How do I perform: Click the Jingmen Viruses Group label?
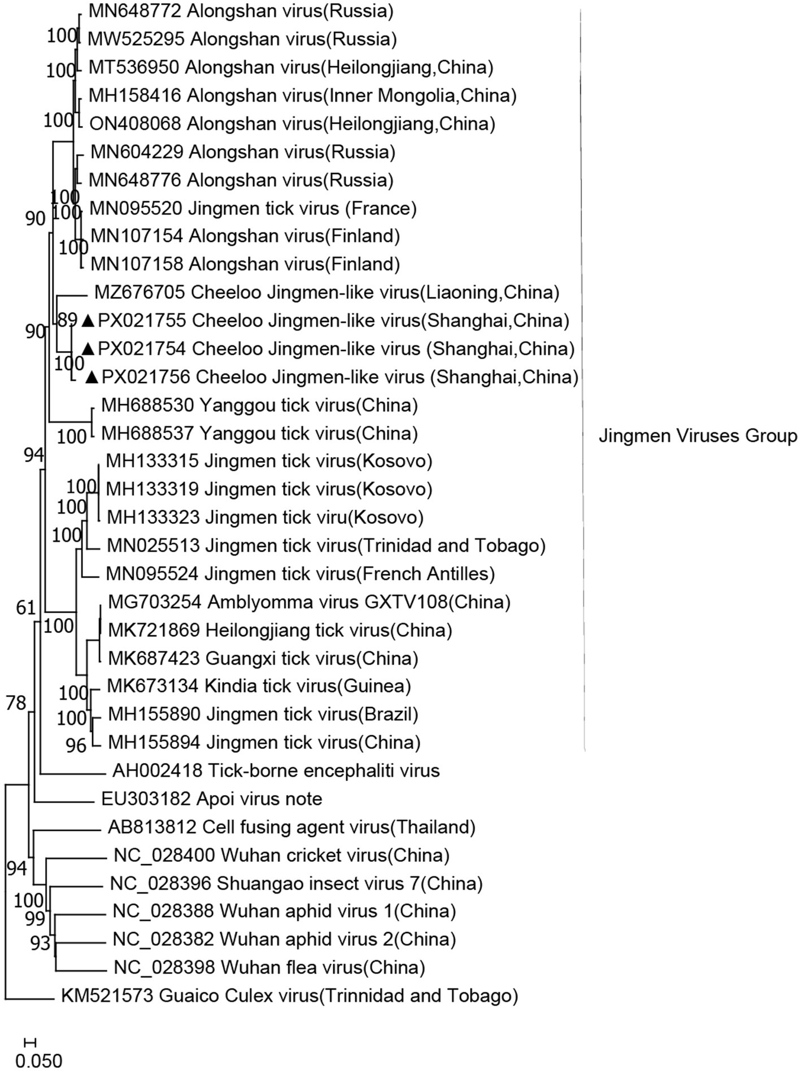(x=698, y=436)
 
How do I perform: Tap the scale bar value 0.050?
(x=38, y=1060)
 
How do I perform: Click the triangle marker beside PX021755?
(x=88, y=321)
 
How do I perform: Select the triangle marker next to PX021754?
(x=88, y=349)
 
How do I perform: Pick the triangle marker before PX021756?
(x=92, y=377)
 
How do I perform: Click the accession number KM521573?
(x=107, y=995)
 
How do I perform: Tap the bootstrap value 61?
(x=26, y=608)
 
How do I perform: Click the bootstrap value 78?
(x=16, y=703)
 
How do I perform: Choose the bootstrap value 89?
(x=68, y=320)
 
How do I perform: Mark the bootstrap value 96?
(x=76, y=746)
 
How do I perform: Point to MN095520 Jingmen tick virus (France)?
(x=253, y=209)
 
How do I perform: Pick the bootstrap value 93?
(x=40, y=943)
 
